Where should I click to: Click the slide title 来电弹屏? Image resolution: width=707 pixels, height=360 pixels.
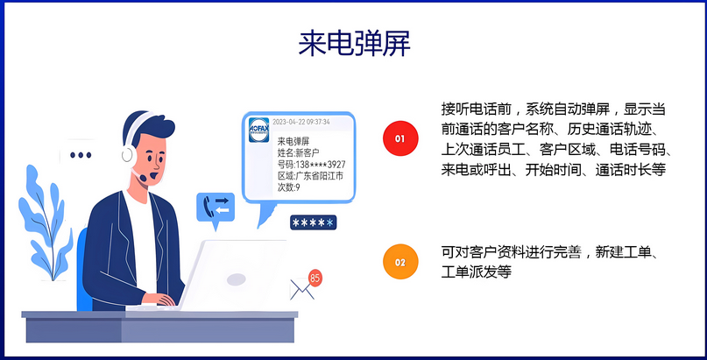(x=354, y=44)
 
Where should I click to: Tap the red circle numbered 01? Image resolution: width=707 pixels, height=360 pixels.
(x=400, y=138)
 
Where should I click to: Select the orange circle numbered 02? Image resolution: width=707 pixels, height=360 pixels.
(x=400, y=262)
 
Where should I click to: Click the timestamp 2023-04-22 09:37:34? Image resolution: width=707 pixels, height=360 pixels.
(x=301, y=122)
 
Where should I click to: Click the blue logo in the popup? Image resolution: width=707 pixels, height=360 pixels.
(x=258, y=131)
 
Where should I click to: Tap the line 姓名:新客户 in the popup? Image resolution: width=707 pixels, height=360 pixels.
(x=299, y=152)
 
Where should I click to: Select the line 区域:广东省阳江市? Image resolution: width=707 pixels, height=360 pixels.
(x=310, y=176)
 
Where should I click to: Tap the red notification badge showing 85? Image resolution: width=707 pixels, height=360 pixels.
(x=315, y=278)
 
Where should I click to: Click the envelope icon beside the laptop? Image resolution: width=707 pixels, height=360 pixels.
(x=302, y=289)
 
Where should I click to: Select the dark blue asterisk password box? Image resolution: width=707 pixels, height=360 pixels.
(x=314, y=222)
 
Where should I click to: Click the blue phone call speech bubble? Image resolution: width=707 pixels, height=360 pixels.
(x=216, y=208)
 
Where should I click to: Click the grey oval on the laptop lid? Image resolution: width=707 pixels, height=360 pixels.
(x=237, y=279)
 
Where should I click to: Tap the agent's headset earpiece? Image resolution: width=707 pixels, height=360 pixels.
(x=127, y=155)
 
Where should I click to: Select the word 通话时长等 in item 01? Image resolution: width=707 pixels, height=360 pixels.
(x=631, y=170)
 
